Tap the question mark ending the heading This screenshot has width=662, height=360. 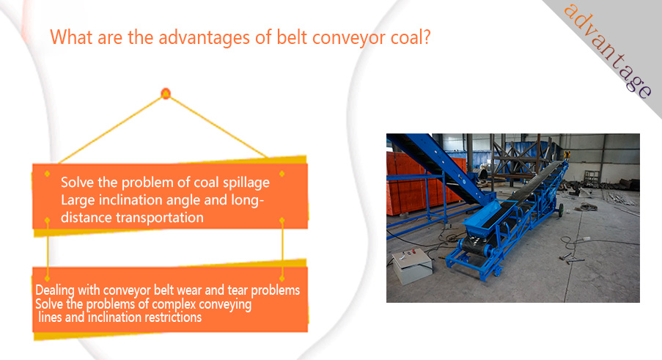point(427,37)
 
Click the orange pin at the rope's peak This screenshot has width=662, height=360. point(166,93)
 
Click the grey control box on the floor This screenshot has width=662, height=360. point(411,266)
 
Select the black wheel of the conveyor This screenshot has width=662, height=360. point(561,210)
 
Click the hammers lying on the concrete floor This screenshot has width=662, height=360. point(569,258)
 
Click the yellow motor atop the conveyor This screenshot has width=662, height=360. point(566,155)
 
